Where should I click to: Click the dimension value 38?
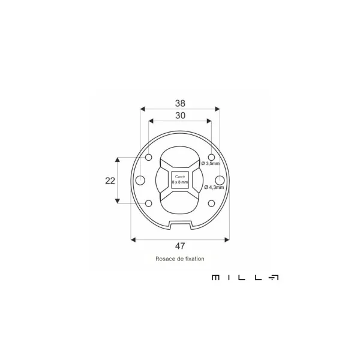point(180,104)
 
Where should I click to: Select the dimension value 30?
point(180,115)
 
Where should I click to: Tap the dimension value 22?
point(110,181)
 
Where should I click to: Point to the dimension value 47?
point(180,246)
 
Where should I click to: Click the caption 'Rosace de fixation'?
point(180,259)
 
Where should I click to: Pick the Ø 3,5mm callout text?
point(211,163)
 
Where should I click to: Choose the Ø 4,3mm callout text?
point(214,187)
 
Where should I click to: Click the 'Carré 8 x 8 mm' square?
point(180,180)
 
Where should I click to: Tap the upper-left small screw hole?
point(149,157)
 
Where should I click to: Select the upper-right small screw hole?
point(211,157)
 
